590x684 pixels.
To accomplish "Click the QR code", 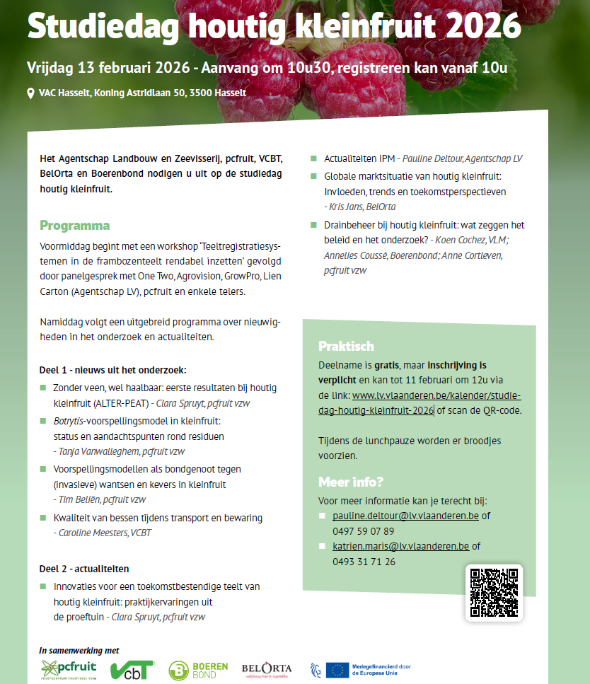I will (x=494, y=593).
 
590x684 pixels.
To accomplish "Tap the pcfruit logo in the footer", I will (x=69, y=668).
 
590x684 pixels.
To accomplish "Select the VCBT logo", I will (x=132, y=668).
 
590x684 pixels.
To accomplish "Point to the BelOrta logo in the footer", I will (x=266, y=668).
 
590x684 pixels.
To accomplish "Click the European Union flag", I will (x=337, y=668).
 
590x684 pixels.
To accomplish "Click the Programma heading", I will (x=74, y=226).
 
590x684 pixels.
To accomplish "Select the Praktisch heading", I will (x=346, y=347).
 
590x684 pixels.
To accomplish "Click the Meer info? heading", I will (x=350, y=482).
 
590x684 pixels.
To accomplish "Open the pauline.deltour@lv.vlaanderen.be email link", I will (x=405, y=516).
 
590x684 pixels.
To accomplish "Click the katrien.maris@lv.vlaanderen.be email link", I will (x=400, y=546).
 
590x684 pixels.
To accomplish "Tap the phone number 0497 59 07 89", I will (x=363, y=531).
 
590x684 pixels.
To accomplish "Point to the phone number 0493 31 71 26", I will (x=363, y=562).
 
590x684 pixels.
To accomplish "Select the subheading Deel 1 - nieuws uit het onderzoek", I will (x=112, y=370).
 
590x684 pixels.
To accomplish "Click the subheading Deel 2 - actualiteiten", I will (x=83, y=568).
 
